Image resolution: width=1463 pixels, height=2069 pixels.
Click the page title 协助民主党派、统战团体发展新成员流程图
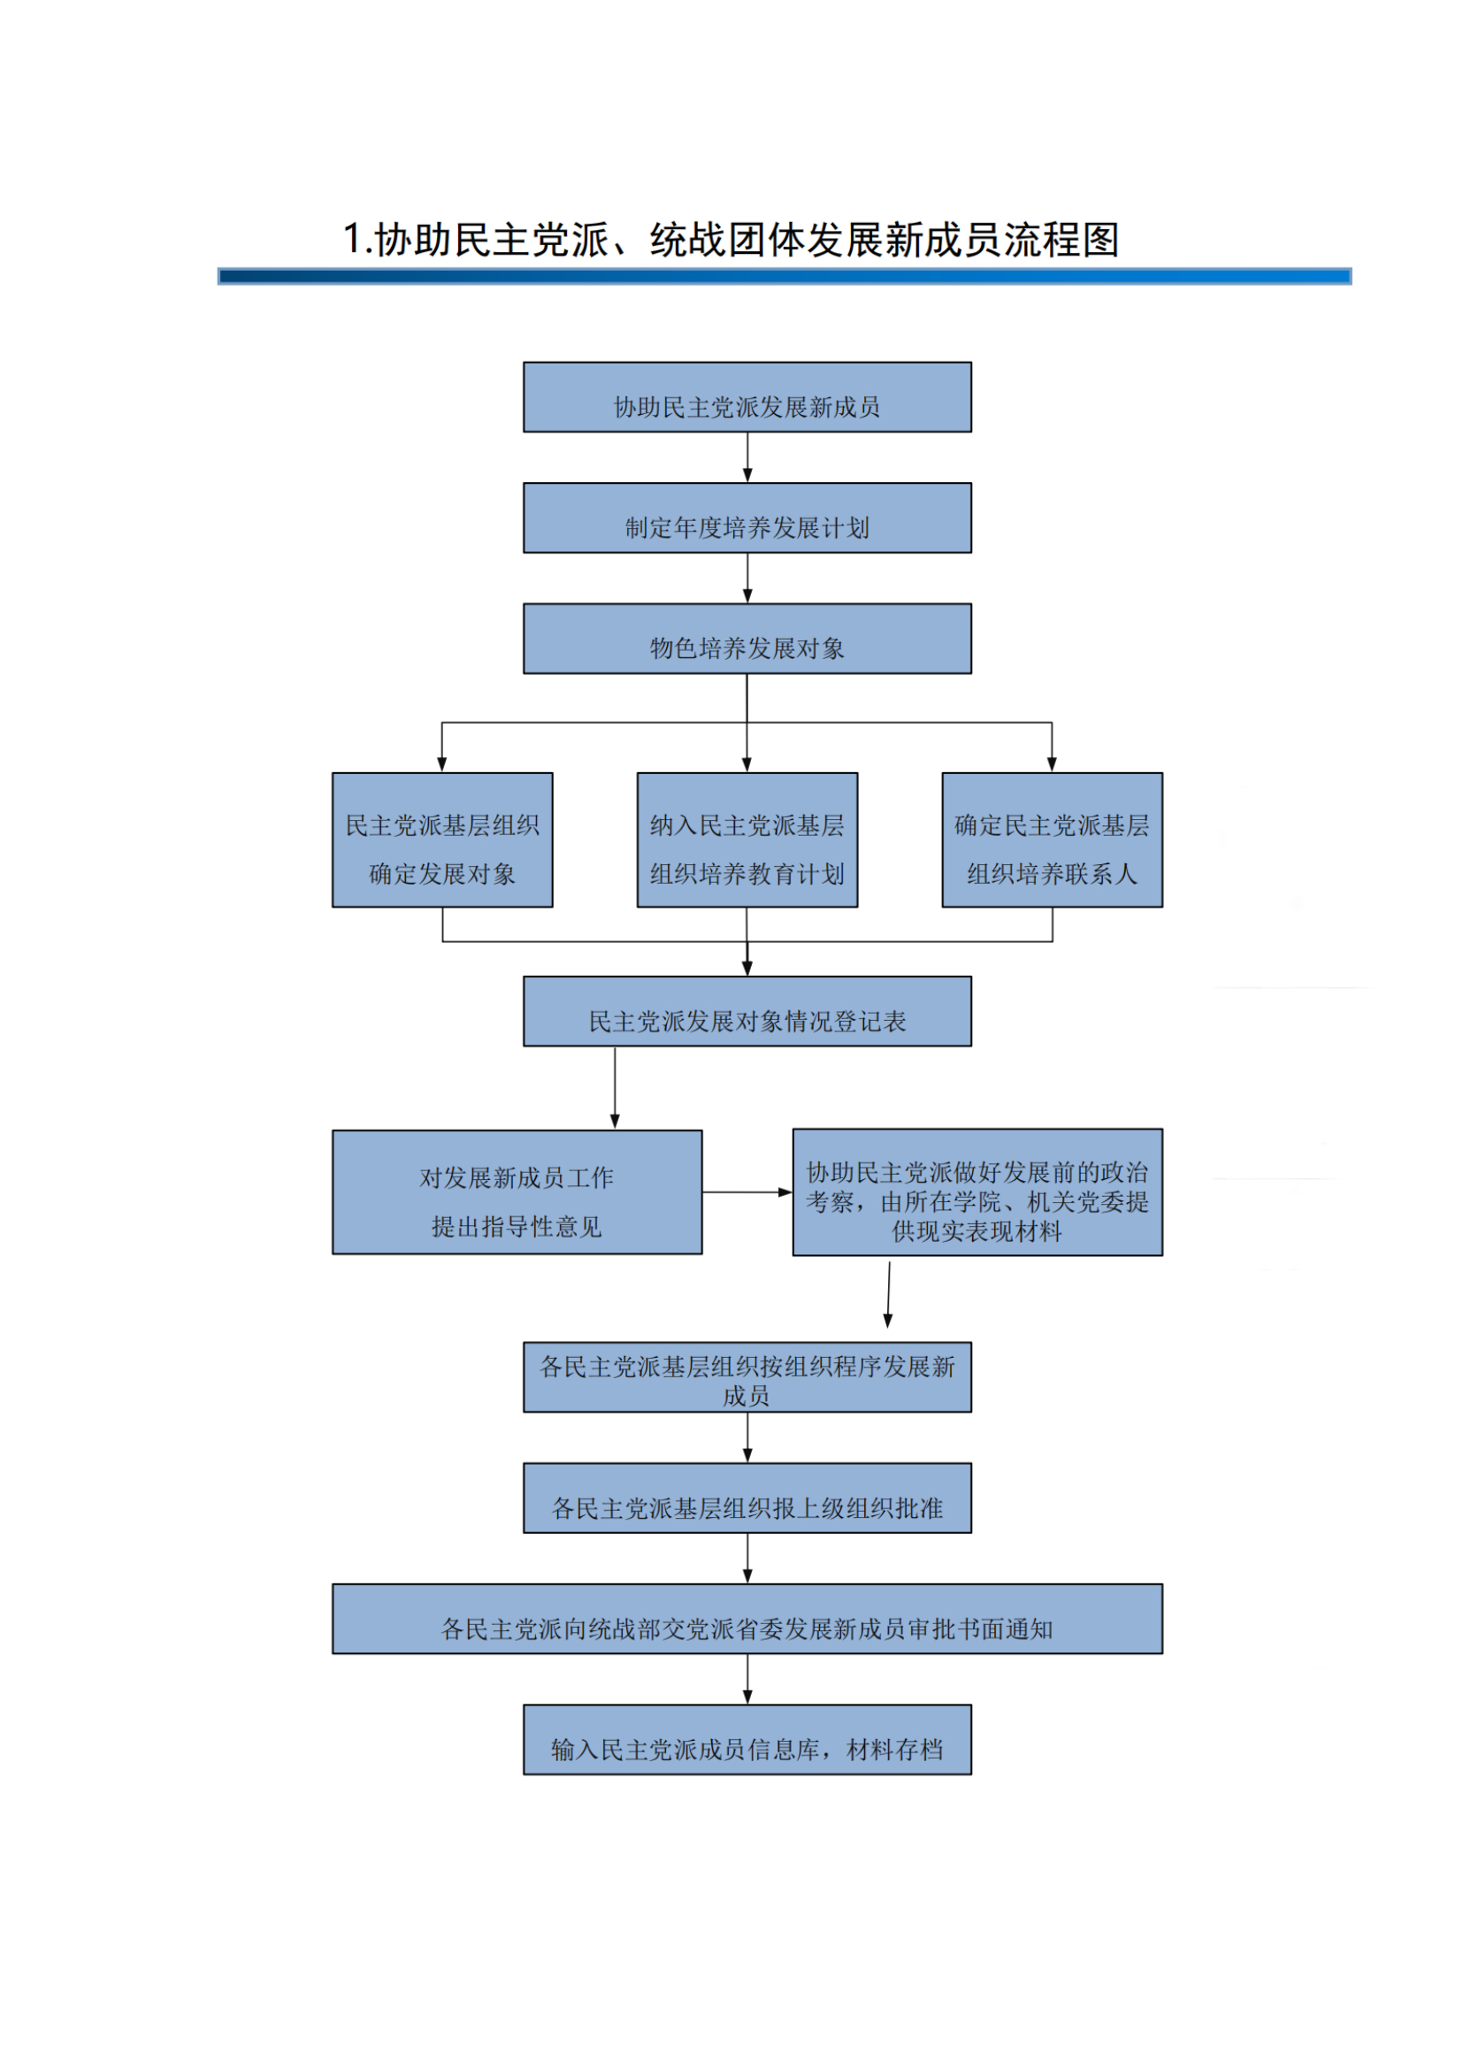point(731,240)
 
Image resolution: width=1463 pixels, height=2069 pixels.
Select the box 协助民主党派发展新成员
point(747,397)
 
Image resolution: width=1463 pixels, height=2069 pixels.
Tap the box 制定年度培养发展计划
point(747,518)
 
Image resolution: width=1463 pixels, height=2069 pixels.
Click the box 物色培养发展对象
point(747,639)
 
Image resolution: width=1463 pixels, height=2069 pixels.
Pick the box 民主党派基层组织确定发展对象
point(442,839)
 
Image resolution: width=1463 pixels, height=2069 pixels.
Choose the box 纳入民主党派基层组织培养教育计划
point(747,839)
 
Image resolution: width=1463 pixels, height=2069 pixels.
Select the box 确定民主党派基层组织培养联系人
point(1053,839)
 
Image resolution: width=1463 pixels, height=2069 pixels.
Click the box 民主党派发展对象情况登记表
point(747,1011)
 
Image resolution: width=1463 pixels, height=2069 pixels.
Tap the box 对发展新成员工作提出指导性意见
point(517,1192)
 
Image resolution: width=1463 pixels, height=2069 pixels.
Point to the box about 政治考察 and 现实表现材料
point(977,1192)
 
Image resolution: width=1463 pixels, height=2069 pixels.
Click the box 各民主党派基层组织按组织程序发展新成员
point(747,1377)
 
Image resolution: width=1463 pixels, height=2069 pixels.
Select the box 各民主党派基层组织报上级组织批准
point(747,1498)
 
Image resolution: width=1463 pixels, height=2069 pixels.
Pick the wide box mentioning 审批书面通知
point(747,1619)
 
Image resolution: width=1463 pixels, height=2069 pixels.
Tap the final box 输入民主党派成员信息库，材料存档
point(747,1739)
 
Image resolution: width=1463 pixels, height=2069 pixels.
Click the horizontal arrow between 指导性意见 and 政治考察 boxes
point(747,1192)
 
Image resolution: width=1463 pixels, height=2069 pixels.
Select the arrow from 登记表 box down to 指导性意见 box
point(616,1087)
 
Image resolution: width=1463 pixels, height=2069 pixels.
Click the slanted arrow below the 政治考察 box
point(888,1294)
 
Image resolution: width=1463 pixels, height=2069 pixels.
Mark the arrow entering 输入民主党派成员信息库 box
point(747,1679)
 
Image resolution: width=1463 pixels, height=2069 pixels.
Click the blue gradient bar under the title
point(784,277)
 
